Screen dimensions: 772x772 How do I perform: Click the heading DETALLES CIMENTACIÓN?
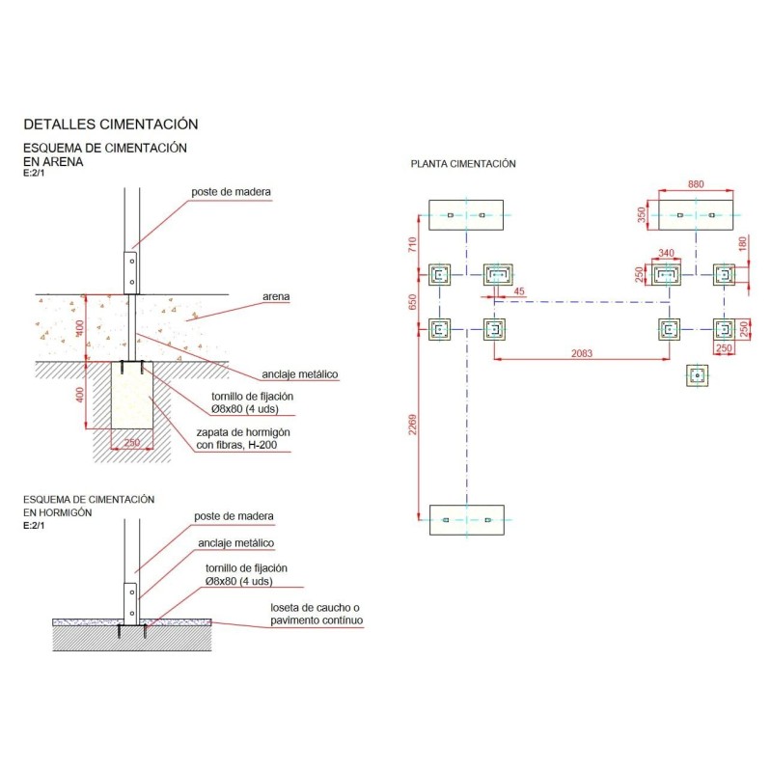[110, 124]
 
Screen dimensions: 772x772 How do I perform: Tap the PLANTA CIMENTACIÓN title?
[463, 164]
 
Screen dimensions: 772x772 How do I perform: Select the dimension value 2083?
[582, 353]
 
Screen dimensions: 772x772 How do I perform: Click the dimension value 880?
[695, 183]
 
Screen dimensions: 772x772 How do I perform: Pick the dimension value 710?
[413, 245]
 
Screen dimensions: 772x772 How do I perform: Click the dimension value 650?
[413, 302]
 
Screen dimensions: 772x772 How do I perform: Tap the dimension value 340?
[665, 253]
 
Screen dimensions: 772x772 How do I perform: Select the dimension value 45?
[519, 290]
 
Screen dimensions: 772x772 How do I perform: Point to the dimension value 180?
[742, 244]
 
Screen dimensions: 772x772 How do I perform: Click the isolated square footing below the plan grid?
[695, 374]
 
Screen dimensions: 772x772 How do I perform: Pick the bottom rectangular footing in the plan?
[467, 519]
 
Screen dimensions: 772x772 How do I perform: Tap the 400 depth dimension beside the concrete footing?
[82, 395]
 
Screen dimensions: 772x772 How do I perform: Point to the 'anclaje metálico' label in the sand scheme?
[299, 374]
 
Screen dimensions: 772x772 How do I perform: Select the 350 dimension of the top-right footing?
[642, 215]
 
